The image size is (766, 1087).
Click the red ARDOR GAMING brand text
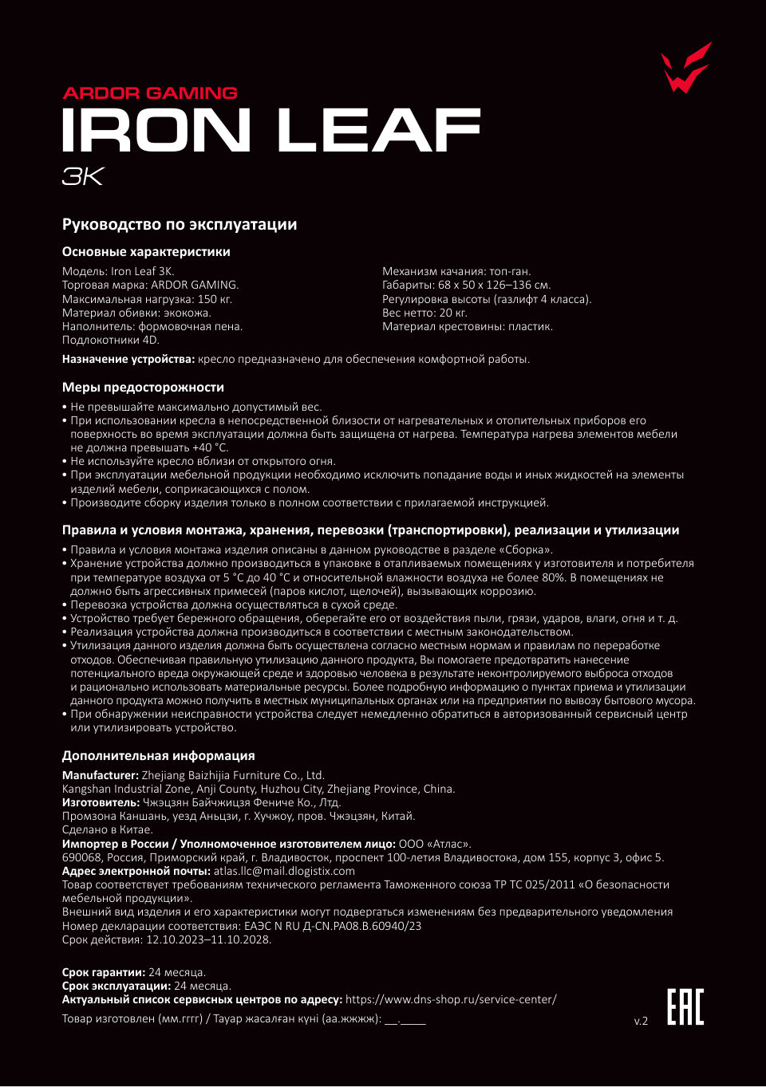click(150, 93)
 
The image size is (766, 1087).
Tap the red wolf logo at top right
click(685, 69)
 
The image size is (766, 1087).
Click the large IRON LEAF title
click(271, 131)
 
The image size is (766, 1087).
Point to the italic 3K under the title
click(83, 177)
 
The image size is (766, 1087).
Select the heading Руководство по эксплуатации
click(180, 225)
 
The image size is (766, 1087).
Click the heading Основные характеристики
click(146, 252)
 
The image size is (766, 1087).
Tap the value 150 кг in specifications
click(215, 299)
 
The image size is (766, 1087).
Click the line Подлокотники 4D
click(111, 341)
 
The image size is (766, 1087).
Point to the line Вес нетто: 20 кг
click(424, 313)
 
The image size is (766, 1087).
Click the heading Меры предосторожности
click(143, 388)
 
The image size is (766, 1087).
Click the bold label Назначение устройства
click(128, 360)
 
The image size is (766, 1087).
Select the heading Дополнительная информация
click(159, 756)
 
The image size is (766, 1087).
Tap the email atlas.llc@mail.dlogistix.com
click(284, 871)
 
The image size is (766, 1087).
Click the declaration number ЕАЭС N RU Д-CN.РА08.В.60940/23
click(333, 926)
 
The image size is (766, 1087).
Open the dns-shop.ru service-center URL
click(451, 999)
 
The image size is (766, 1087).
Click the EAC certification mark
click(685, 1006)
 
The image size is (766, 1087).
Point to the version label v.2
click(641, 1021)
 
